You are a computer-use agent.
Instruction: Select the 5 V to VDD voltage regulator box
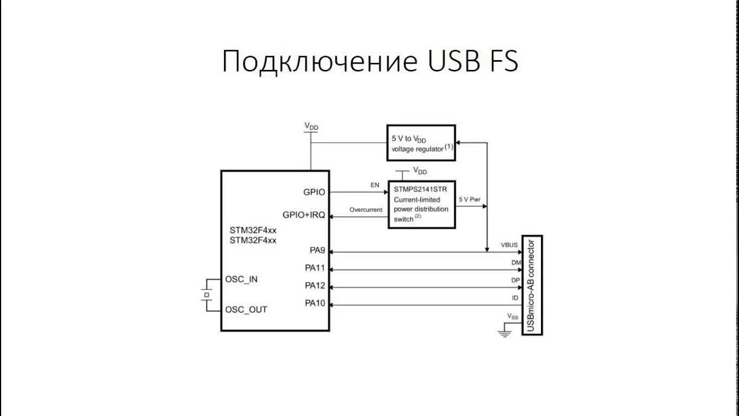pyautogui.click(x=421, y=143)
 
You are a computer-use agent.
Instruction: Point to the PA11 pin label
pyautogui.click(x=315, y=269)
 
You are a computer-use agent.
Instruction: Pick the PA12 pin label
pyautogui.click(x=315, y=286)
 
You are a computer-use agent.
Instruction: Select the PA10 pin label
pyautogui.click(x=315, y=303)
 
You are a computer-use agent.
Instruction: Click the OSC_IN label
pyautogui.click(x=241, y=279)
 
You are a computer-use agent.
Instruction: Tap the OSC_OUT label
pyautogui.click(x=246, y=310)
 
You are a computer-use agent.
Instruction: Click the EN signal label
pyautogui.click(x=375, y=185)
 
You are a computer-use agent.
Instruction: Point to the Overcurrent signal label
pyautogui.click(x=366, y=210)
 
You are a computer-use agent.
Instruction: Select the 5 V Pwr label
pyautogui.click(x=469, y=199)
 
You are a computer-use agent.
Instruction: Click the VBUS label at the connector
pyautogui.click(x=509, y=245)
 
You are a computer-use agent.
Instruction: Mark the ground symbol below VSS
pyautogui.click(x=505, y=332)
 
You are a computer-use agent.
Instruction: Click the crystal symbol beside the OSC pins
pyautogui.click(x=205, y=295)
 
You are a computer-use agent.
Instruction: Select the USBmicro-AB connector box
pyautogui.click(x=532, y=285)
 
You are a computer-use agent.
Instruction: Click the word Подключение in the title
pyautogui.click(x=319, y=61)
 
